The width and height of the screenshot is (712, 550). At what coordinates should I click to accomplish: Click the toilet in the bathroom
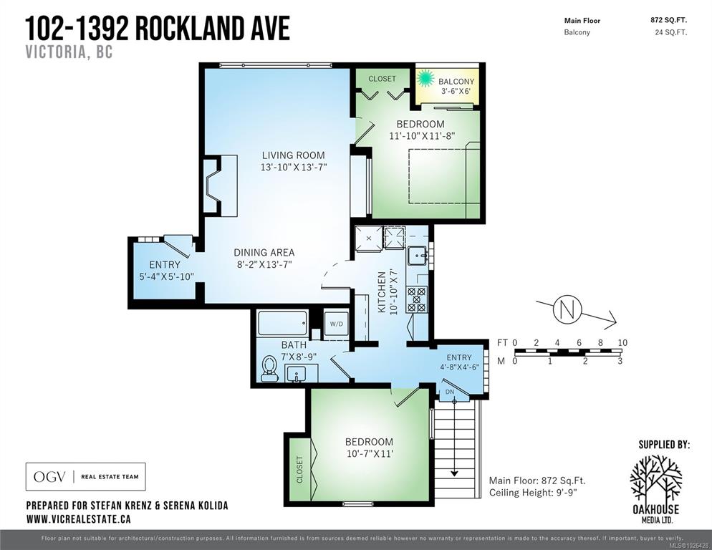[269, 367]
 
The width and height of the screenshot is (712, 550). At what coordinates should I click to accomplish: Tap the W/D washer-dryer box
[336, 324]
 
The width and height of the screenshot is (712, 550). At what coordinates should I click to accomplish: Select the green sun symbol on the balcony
[425, 77]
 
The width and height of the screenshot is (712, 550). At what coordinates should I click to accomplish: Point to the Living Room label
[294, 155]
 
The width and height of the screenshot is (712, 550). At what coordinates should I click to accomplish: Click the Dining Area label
[264, 252]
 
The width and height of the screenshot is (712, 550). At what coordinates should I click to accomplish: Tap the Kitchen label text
[382, 292]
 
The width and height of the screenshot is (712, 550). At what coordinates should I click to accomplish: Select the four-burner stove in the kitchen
[417, 299]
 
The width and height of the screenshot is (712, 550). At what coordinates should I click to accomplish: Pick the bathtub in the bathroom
[282, 323]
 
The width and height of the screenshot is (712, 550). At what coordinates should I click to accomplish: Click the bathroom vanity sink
[296, 374]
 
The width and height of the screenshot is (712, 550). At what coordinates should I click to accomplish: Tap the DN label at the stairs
[450, 392]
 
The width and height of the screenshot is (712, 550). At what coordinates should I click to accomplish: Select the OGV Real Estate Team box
[85, 476]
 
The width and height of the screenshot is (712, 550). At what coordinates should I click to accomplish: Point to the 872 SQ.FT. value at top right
[668, 20]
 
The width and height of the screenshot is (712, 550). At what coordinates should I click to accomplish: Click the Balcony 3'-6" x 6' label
[456, 86]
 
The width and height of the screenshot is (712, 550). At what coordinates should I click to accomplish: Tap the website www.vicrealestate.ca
[79, 518]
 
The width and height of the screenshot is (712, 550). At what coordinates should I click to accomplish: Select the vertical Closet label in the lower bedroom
[299, 470]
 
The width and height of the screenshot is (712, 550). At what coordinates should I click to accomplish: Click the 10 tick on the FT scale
[622, 343]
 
